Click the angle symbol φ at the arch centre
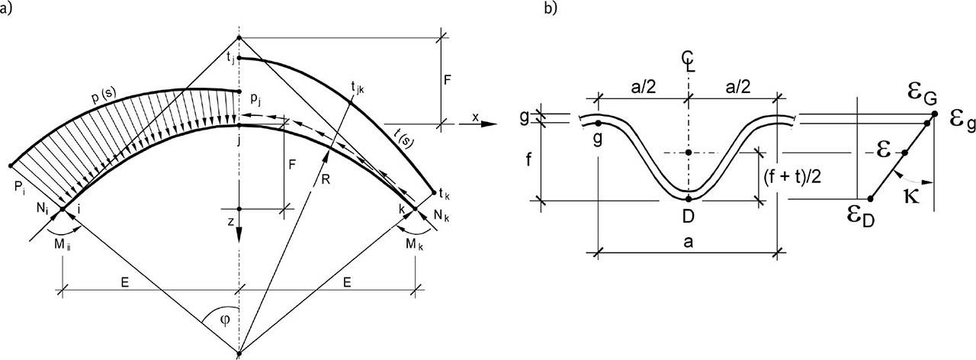coord(225,320)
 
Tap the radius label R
coord(325,178)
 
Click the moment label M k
coord(414,245)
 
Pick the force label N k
coord(441,215)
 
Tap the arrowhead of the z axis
coord(239,236)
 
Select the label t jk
coord(358,88)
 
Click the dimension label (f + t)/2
coord(792,178)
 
